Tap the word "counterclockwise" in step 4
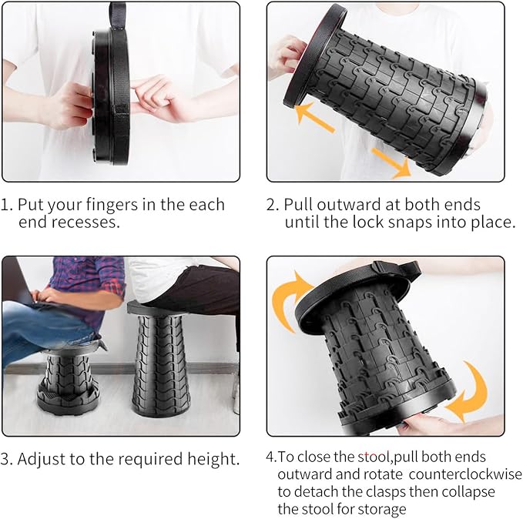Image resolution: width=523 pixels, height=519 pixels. (465, 474)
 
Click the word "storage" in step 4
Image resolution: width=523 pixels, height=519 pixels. (381, 510)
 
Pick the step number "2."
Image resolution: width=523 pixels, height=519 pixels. (272, 205)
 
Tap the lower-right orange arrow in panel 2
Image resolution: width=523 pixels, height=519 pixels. (391, 162)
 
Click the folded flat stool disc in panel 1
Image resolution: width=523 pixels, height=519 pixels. (111, 97)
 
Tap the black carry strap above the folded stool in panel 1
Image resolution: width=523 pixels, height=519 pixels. (117, 15)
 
